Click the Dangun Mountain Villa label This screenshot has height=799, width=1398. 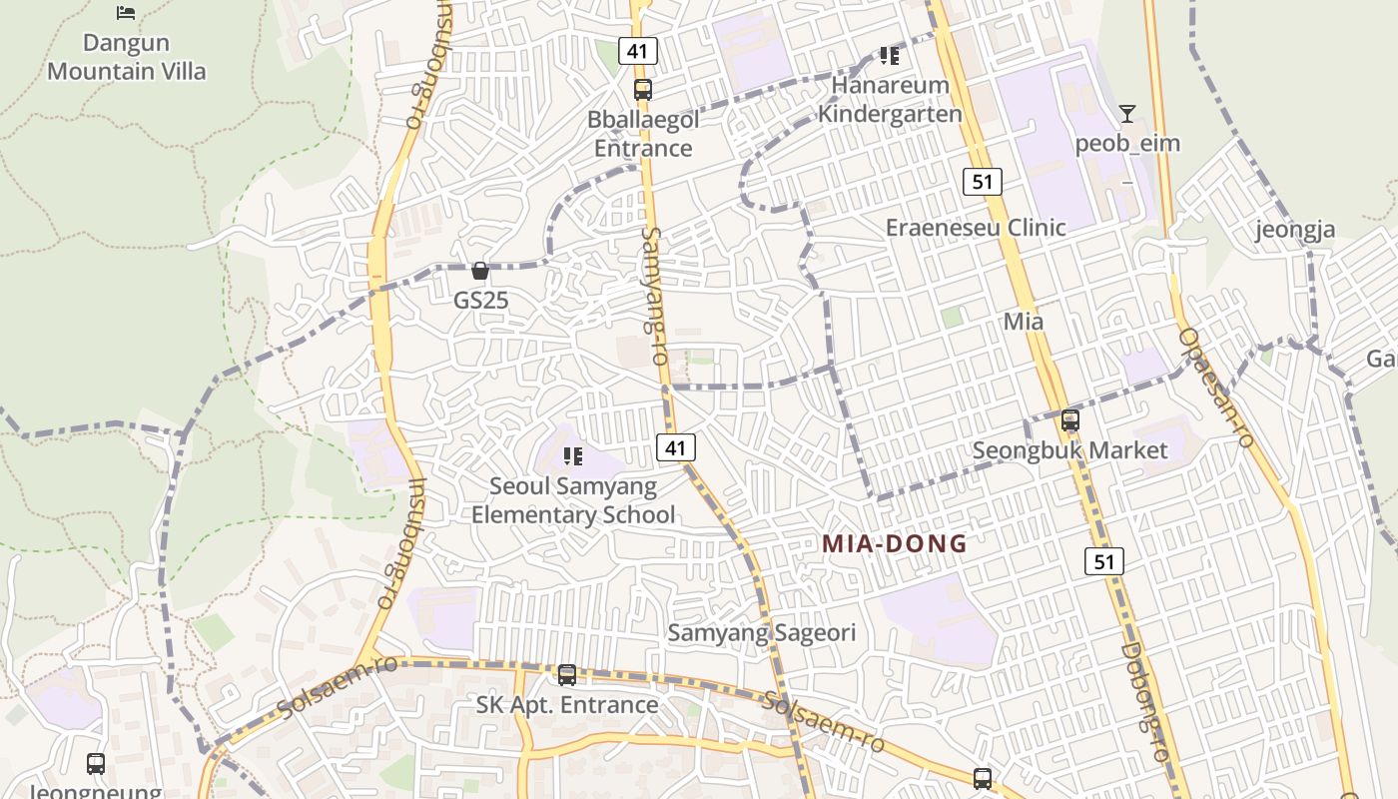(127, 57)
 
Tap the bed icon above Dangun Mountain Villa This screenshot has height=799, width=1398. (126, 12)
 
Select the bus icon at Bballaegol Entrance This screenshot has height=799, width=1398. (643, 89)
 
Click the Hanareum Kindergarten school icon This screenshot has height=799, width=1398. (889, 56)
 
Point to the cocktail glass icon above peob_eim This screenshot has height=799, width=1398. (1127, 114)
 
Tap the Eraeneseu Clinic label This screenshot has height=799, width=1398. (976, 228)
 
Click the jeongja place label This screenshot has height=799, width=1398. (1295, 231)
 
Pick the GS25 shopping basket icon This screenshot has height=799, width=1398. (480, 271)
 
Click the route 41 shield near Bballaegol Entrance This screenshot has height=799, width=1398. (637, 50)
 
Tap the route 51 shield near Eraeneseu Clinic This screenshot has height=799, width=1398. (983, 181)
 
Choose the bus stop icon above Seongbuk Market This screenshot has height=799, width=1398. (1070, 420)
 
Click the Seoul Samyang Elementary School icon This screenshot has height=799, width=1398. (573, 456)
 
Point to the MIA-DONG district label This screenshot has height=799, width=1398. (895, 544)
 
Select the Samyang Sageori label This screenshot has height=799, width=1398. (761, 632)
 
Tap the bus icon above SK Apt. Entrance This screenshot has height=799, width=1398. (567, 675)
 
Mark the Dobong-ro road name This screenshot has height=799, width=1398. (1144, 701)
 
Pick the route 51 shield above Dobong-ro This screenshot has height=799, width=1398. (1104, 561)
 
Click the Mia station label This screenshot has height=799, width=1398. (1024, 322)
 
